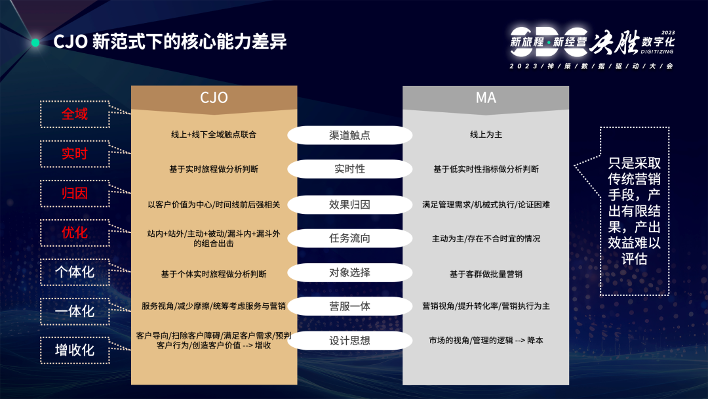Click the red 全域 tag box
coord(74,114)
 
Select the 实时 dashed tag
coord(74,154)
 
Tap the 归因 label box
coord(74,194)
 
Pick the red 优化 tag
coord(74,233)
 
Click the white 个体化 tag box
coord(74,272)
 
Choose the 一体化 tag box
coord(74,311)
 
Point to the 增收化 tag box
coord(74,350)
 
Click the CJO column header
coord(214,98)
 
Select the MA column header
coord(486,98)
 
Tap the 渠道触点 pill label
coord(349,135)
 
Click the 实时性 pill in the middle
coord(349,169)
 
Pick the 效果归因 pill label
coord(349,204)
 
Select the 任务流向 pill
coord(349,238)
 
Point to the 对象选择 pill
coord(349,272)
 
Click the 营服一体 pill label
coord(349,306)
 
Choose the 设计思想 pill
coord(349,341)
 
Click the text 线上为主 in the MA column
coord(486,135)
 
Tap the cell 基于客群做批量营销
coord(486,274)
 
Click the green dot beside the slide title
coord(35,43)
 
